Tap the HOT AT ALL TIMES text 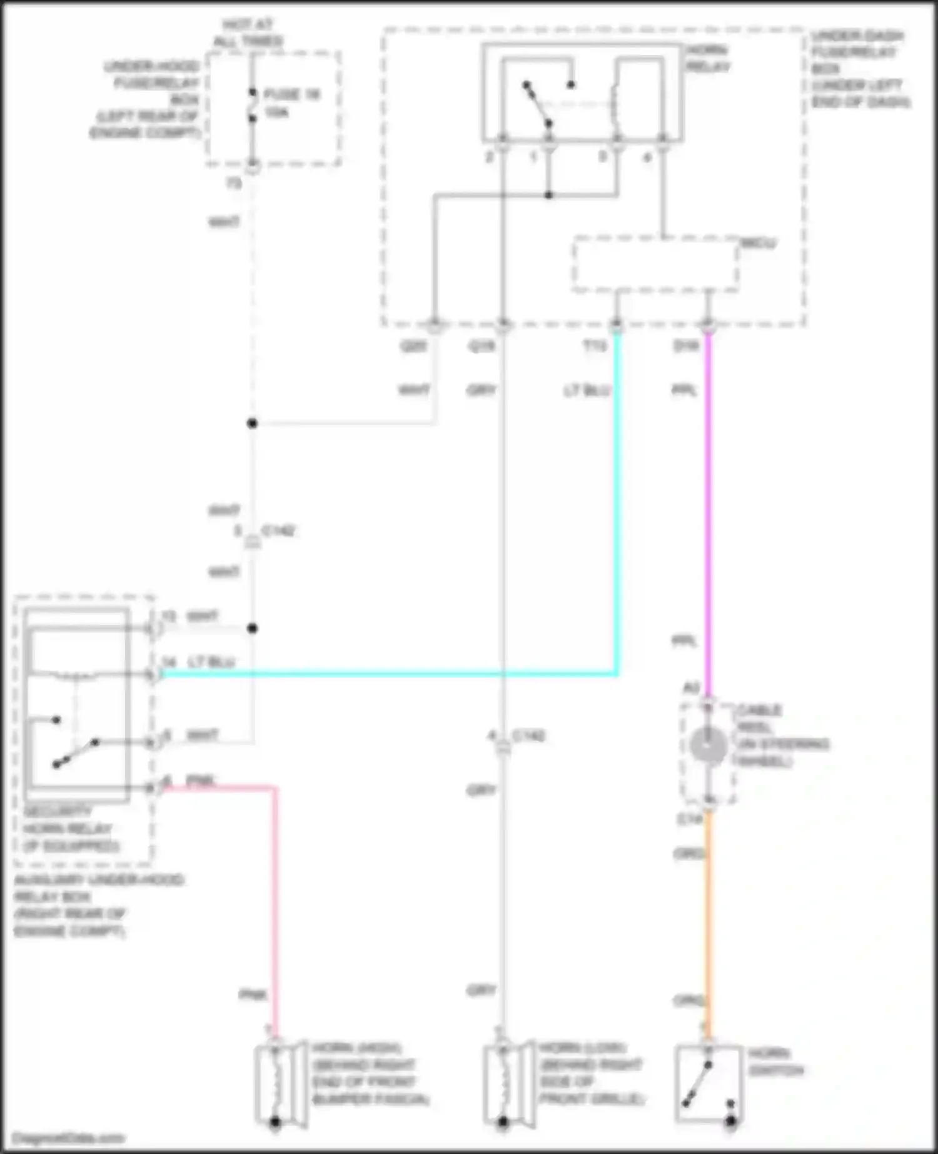[x=248, y=33]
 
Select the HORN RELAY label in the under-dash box [x=708, y=58]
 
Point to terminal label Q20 [x=413, y=346]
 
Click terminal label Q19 [x=482, y=346]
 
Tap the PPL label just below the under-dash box [x=684, y=391]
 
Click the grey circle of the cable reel [x=708, y=746]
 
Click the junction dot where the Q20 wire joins [x=252, y=423]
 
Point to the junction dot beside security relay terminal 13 [x=252, y=628]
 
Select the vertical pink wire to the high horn [x=275, y=906]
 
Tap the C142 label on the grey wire [x=528, y=736]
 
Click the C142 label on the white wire [x=278, y=531]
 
